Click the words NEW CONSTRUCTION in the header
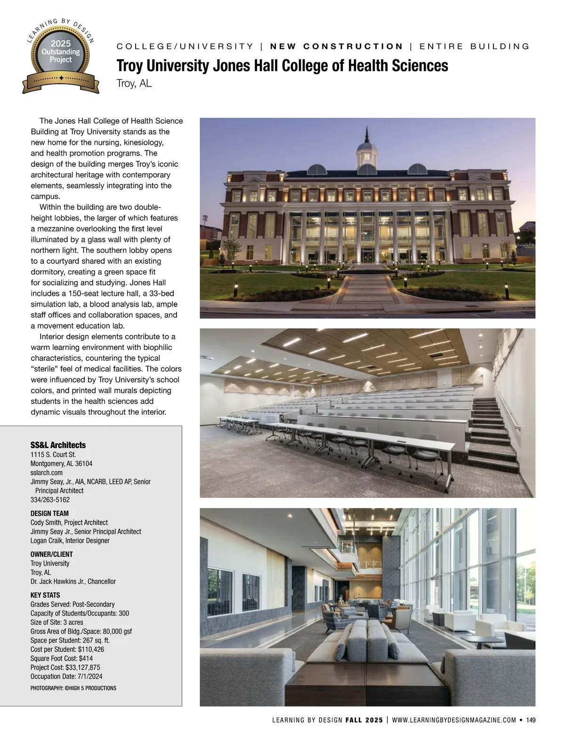click(x=337, y=46)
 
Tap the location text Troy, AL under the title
click(x=134, y=84)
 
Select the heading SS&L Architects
click(x=58, y=445)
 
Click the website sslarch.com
click(x=47, y=473)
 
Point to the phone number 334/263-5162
click(x=50, y=500)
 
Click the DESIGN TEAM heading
click(x=49, y=513)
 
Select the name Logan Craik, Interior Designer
click(x=70, y=541)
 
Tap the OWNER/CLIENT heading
click(x=52, y=554)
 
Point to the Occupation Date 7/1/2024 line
click(x=66, y=677)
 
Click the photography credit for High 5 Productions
click(x=73, y=688)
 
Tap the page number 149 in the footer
click(x=531, y=720)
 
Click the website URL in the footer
click(x=454, y=720)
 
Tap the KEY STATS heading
click(x=45, y=595)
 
